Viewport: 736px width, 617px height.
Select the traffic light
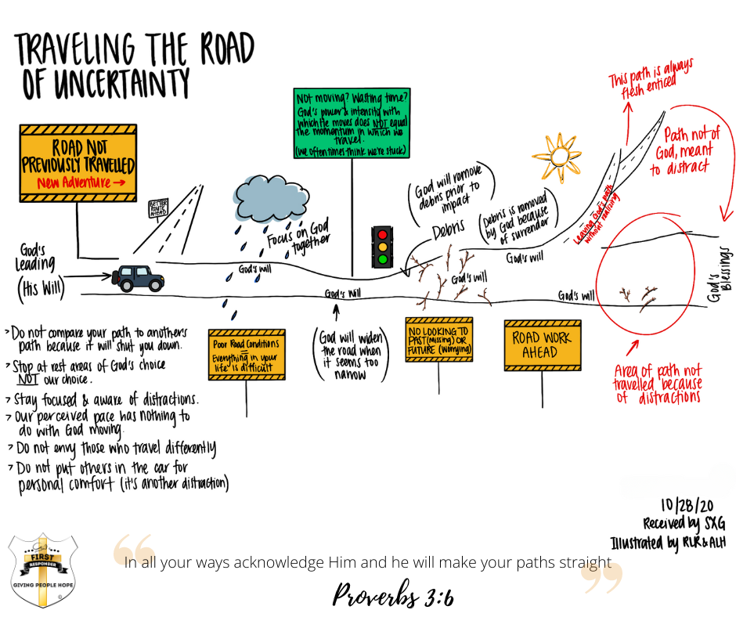pos(382,245)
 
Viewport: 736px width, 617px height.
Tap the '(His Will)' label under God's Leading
pos(41,290)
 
